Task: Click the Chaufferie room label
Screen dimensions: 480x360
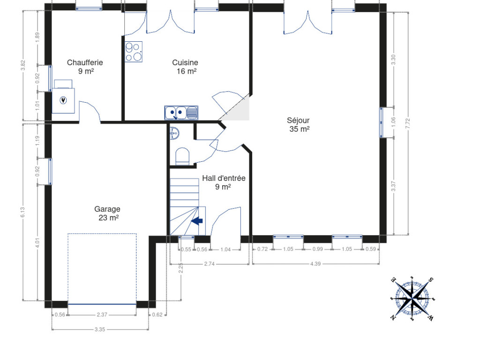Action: point(85,62)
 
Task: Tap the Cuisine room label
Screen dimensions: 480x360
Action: point(185,62)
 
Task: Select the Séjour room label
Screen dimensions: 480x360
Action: point(298,120)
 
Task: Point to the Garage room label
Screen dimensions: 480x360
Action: point(107,209)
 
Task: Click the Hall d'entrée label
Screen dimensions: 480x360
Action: point(224,178)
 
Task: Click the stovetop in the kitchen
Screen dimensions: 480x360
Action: point(134,52)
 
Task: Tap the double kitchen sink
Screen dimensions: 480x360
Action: point(181,112)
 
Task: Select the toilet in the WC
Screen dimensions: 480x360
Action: point(182,156)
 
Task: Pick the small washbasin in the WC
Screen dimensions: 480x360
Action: point(174,134)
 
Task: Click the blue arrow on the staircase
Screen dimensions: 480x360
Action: point(197,221)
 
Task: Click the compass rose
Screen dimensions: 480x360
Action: point(412,298)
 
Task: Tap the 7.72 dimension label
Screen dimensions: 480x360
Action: point(407,123)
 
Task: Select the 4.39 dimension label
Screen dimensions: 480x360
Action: point(315,263)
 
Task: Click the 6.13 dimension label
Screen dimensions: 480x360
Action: point(22,212)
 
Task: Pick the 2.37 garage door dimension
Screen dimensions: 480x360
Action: point(102,315)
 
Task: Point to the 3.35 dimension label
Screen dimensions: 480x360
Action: point(100,330)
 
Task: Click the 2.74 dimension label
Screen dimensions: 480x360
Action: point(210,263)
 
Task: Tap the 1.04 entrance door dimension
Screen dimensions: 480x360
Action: point(225,249)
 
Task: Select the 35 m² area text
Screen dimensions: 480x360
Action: point(300,129)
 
